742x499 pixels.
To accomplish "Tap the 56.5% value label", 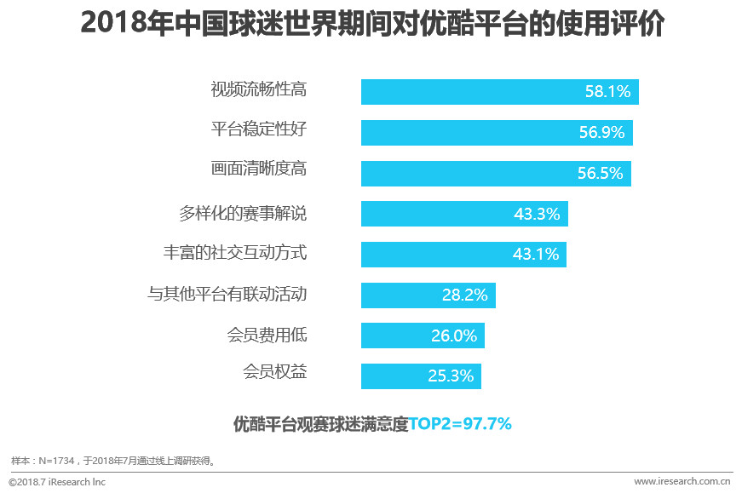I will pyautogui.click(x=601, y=174).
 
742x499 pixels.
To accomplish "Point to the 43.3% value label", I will pyautogui.click(x=537, y=214).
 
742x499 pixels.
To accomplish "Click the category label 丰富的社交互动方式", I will pyautogui.click(x=234, y=253).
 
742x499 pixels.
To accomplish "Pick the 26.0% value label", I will pyautogui.click(x=454, y=336).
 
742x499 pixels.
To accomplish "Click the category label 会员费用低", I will pyautogui.click(x=267, y=335).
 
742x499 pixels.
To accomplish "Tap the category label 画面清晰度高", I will pyautogui.click(x=258, y=169).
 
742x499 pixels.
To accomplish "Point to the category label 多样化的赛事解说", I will pyautogui.click(x=243, y=213).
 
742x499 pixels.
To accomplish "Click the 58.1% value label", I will pyautogui.click(x=607, y=92).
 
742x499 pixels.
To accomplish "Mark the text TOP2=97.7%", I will pyautogui.click(x=460, y=423).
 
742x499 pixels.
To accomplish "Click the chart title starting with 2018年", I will pyautogui.click(x=372, y=24).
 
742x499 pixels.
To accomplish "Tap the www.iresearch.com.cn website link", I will pyautogui.click(x=683, y=482).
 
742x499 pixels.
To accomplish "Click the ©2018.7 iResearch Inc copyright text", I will pyautogui.click(x=57, y=482).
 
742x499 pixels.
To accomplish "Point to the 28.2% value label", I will pyautogui.click(x=465, y=295).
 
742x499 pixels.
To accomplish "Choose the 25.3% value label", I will pyautogui.click(x=451, y=376).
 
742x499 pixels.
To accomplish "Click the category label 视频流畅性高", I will pyautogui.click(x=258, y=88).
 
